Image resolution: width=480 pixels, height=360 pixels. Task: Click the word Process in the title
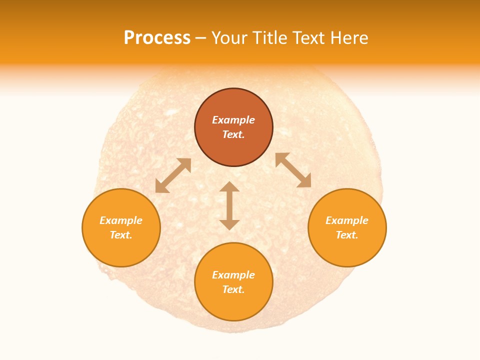[157, 38]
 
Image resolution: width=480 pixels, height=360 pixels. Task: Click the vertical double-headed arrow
[229, 206]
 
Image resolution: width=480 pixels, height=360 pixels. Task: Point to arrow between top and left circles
[173, 175]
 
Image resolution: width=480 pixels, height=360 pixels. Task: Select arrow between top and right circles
[293, 170]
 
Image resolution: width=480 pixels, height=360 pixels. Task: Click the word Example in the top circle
[233, 120]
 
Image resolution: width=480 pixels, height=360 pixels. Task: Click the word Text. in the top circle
[233, 134]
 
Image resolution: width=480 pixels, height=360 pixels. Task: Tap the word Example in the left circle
[121, 220]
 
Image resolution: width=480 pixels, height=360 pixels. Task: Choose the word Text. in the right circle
[347, 235]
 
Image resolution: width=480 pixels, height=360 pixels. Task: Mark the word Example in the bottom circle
[233, 275]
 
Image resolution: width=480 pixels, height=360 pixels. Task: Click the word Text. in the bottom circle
[233, 289]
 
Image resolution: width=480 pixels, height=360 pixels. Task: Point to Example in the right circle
[347, 220]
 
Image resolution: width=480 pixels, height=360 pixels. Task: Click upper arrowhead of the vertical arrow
[229, 186]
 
